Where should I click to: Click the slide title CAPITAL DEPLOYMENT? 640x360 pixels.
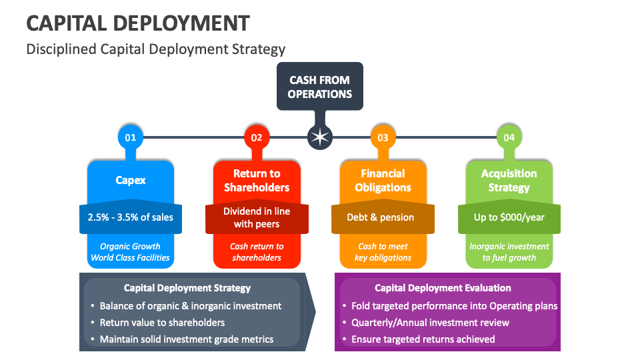[x=138, y=23]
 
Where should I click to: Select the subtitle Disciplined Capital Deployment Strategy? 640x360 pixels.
[x=156, y=49]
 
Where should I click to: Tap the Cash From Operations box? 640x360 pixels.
[x=320, y=87]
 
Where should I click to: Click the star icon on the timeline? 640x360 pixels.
[x=320, y=137]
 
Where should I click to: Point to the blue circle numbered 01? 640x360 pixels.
[x=131, y=137]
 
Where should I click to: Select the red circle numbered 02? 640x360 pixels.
[x=257, y=137]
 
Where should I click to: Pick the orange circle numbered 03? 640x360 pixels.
[x=383, y=137]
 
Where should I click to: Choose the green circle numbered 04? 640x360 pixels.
[x=509, y=137]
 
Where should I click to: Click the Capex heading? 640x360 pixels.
[x=131, y=180]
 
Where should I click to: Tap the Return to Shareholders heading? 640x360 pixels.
[x=257, y=181]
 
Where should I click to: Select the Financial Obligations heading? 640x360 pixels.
[x=383, y=181]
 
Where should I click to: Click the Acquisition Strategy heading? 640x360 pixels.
[x=509, y=181]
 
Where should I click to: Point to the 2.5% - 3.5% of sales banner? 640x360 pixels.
[x=131, y=217]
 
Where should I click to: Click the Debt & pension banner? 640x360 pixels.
[x=383, y=217]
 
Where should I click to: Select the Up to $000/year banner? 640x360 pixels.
[x=509, y=217]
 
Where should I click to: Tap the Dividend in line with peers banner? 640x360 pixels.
[x=257, y=217]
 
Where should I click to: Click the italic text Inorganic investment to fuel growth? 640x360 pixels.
[x=509, y=252]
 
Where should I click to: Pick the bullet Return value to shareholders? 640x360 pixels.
[x=162, y=323]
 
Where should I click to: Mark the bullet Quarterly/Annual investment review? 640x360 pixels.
[x=430, y=323]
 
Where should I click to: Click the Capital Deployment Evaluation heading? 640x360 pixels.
[x=443, y=288]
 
